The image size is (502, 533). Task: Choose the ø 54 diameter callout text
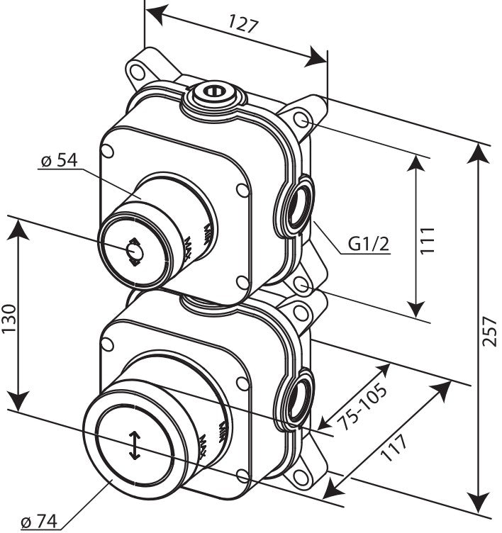click(59, 161)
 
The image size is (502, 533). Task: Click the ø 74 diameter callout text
click(39, 522)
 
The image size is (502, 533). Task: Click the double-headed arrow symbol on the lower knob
click(133, 446)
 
